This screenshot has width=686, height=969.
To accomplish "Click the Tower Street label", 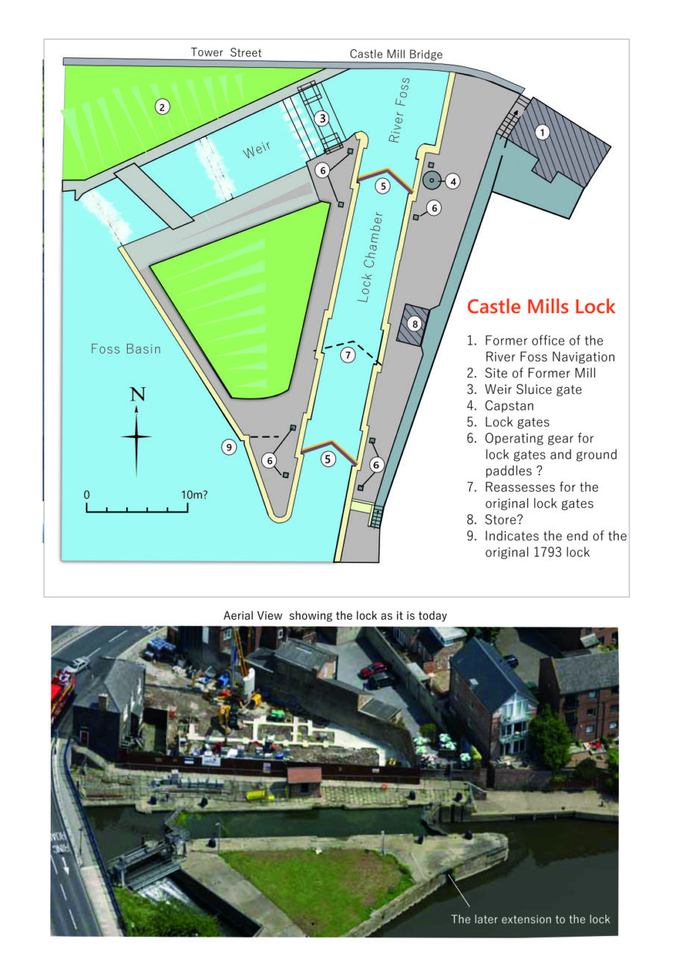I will click(226, 52).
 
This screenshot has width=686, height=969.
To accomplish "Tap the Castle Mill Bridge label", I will click(396, 54).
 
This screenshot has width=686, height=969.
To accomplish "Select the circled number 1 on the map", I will click(543, 132).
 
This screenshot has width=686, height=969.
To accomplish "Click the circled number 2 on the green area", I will click(161, 107).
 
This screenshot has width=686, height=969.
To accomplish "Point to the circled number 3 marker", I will click(322, 118).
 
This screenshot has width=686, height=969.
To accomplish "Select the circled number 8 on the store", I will click(415, 324).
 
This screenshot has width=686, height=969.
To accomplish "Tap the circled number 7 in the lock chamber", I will click(348, 355).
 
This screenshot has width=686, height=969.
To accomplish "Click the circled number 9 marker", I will click(228, 447).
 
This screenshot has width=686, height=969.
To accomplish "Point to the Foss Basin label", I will click(125, 348).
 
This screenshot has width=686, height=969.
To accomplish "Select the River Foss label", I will click(399, 110).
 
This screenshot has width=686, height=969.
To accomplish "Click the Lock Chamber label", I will click(369, 257).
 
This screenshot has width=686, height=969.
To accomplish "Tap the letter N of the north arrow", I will click(137, 395).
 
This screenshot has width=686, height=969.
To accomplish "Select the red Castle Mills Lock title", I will click(540, 307).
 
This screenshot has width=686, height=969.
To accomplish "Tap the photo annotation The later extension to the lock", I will click(530, 918).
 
